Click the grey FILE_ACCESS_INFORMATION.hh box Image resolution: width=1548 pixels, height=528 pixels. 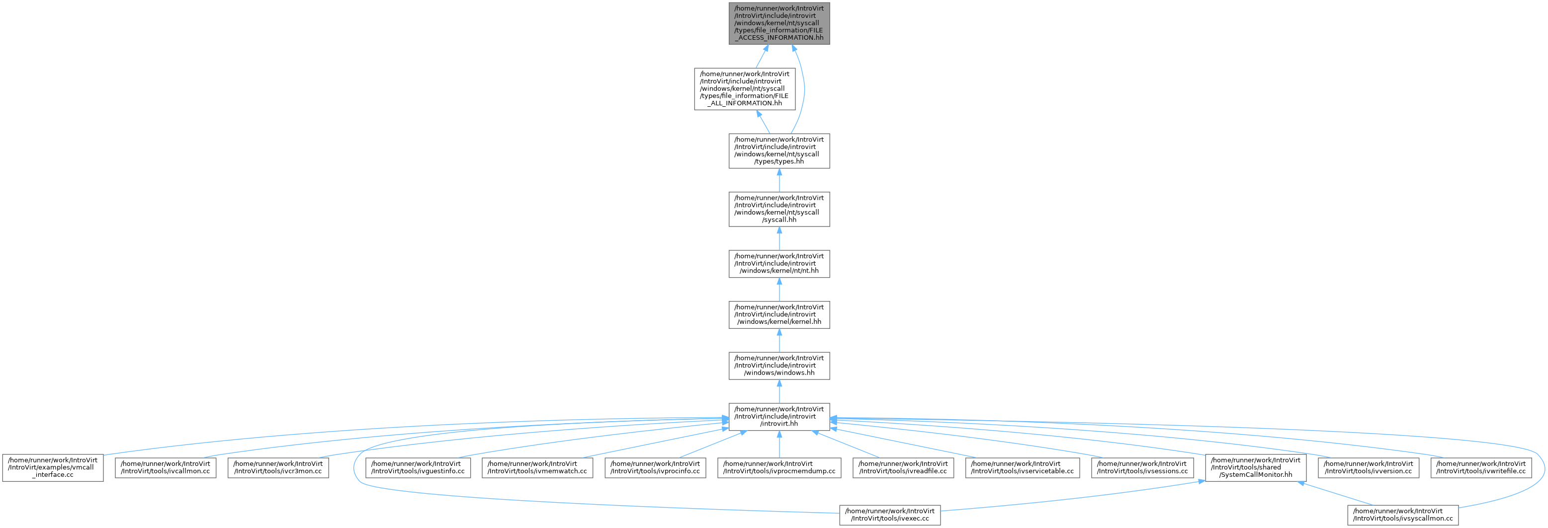(779, 23)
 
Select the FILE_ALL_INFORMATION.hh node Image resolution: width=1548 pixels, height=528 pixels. (745, 89)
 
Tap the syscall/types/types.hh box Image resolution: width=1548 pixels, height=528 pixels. (779, 151)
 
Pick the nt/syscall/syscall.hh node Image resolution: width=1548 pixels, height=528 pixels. (779, 209)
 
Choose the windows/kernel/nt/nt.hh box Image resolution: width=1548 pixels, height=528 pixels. (779, 264)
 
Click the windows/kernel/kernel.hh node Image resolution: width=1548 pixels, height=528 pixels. (779, 315)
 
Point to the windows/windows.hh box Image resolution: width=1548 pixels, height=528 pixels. (779, 366)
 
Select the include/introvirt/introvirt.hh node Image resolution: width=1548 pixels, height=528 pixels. (779, 417)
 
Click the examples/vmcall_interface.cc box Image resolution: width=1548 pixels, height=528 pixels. (53, 467)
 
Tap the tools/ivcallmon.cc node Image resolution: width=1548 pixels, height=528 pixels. (165, 467)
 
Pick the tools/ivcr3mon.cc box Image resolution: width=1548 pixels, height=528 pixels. (278, 467)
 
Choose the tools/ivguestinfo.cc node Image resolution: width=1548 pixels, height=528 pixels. (418, 467)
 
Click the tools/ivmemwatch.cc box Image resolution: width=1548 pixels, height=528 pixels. (537, 467)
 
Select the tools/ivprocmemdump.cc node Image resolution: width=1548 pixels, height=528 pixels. (779, 467)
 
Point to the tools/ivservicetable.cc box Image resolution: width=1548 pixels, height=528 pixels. (1022, 467)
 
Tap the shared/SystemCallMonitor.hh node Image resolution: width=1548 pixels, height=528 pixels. (1255, 467)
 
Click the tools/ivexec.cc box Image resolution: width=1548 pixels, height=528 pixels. (890, 515)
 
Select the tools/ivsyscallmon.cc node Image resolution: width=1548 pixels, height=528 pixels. (1402, 515)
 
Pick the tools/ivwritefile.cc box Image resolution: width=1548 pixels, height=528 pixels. (1481, 467)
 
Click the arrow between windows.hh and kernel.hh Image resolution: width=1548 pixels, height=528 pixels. (779, 341)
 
